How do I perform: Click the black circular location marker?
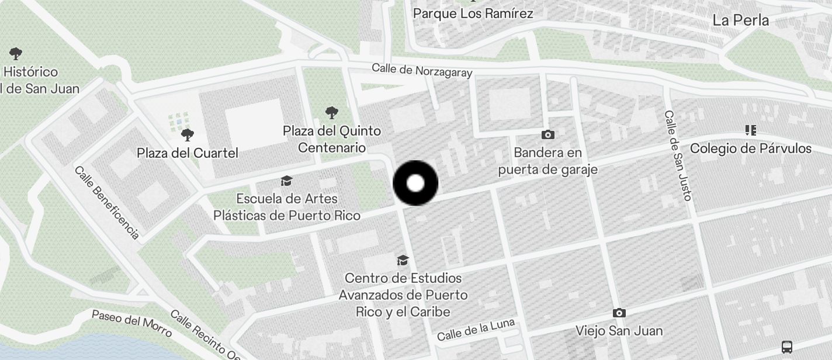pos(415,183)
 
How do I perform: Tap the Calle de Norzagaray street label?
pos(422,70)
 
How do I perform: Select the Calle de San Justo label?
pos(678,155)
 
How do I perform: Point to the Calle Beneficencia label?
pos(107,202)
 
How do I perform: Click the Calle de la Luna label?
pos(476,330)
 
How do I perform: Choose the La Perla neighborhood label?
pos(740,20)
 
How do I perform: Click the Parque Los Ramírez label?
pos(473,13)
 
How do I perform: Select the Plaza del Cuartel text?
pos(188,153)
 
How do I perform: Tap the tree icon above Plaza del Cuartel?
pos(188,135)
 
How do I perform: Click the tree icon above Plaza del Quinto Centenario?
pos(332,112)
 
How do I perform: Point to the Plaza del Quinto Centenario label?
pos(332,139)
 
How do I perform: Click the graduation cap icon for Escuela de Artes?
pos(286,181)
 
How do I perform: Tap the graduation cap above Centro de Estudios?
pos(403,260)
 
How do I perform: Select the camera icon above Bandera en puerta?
pos(547,135)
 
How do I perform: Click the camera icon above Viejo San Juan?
pos(619,313)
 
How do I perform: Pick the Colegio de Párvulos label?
pos(751,148)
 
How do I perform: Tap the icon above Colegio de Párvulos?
pos(751,130)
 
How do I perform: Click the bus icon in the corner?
pos(787,347)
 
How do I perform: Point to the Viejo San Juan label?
pos(619,331)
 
